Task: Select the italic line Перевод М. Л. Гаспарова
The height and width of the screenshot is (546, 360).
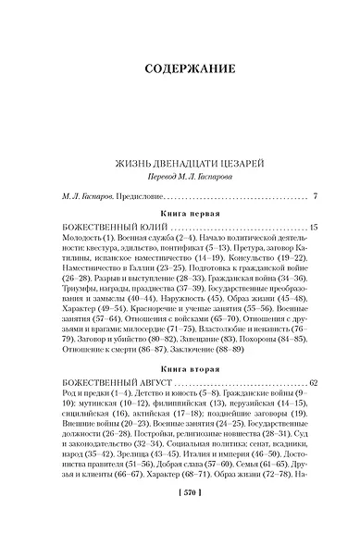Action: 180,176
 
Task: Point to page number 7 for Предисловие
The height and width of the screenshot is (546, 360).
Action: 316,196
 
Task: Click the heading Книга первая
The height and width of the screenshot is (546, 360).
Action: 180,214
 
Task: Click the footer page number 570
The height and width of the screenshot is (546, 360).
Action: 180,532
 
